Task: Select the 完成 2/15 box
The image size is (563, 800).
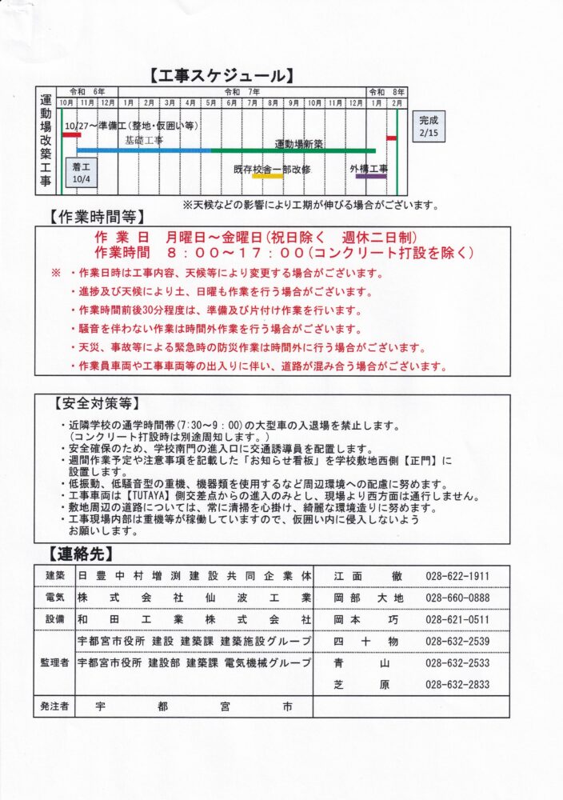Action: pyautogui.click(x=429, y=126)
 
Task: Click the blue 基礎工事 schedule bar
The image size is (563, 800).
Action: pyautogui.click(x=144, y=150)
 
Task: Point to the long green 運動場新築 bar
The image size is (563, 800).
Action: pyautogui.click(x=293, y=150)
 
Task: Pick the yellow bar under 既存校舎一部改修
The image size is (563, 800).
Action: pyautogui.click(x=267, y=176)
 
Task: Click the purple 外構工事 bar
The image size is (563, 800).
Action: pyautogui.click(x=370, y=176)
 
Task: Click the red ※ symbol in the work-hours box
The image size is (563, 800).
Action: pyautogui.click(x=56, y=272)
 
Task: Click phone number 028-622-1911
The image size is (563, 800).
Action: pyautogui.click(x=457, y=576)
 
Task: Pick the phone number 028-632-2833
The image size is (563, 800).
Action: pyautogui.click(x=457, y=685)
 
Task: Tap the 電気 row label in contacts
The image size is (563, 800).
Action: pyautogui.click(x=55, y=598)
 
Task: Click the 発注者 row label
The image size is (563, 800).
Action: pyautogui.click(x=55, y=706)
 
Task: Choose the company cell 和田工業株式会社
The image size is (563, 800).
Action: pyautogui.click(x=194, y=619)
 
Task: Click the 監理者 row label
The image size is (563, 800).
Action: pyautogui.click(x=55, y=663)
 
